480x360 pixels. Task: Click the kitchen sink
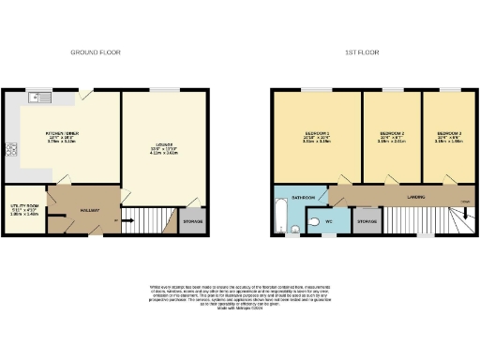39,96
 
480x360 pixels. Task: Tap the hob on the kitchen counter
12,148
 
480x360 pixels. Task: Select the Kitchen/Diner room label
62,135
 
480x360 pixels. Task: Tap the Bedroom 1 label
316,134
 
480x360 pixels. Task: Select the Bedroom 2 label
392,134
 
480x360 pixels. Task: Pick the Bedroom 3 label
449,134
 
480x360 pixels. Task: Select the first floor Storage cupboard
365,222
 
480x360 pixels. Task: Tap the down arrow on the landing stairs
466,203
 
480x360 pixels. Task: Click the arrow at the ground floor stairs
116,222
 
